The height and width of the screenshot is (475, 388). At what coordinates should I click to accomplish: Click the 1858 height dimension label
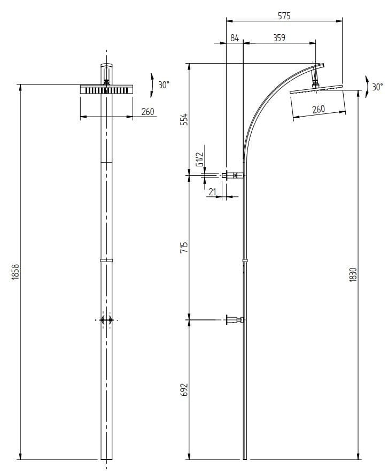click(15, 271)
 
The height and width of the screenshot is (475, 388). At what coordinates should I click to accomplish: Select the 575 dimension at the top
click(284, 16)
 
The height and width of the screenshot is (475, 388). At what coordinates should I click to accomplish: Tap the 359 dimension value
click(279, 37)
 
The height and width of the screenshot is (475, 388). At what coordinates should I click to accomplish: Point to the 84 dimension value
click(234, 37)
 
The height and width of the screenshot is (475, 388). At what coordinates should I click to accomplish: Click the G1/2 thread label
click(199, 160)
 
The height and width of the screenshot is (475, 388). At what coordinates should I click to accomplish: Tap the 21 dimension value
click(212, 191)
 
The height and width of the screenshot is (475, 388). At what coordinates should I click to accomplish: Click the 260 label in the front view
click(148, 112)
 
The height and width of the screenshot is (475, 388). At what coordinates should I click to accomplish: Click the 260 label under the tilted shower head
click(318, 110)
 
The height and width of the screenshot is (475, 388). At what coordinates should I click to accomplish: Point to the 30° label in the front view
click(164, 85)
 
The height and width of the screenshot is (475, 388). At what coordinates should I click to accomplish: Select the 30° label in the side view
click(377, 87)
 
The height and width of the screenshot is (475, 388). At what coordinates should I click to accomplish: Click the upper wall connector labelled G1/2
click(232, 175)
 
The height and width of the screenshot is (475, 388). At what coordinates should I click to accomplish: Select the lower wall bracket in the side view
click(234, 320)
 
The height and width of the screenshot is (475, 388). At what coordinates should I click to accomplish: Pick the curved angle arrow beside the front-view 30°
click(152, 85)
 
